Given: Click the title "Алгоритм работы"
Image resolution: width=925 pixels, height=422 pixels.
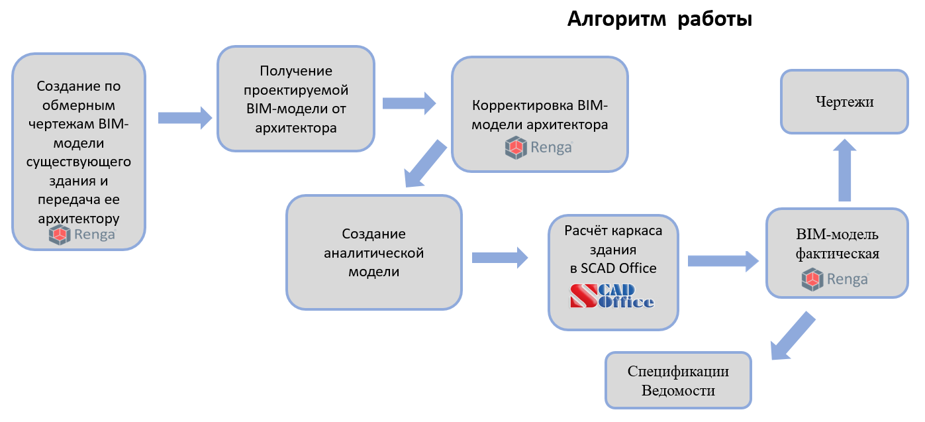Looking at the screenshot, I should click(x=659, y=20).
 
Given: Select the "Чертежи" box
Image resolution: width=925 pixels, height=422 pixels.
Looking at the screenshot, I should click(x=844, y=102).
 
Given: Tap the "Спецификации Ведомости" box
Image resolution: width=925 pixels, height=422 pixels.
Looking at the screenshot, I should click(x=678, y=380).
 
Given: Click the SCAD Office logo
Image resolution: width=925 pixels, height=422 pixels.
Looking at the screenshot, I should click(x=612, y=296).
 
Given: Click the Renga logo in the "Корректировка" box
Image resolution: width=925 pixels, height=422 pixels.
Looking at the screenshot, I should click(x=538, y=148).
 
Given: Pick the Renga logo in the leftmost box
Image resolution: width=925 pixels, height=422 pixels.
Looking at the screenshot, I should click(x=82, y=235).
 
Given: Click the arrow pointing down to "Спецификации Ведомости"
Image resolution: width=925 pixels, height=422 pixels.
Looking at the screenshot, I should click(x=793, y=337).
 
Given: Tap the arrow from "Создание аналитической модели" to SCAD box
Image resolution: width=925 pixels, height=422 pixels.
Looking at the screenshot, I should click(x=501, y=257).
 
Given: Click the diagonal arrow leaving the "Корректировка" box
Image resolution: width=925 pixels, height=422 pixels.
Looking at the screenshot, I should click(x=424, y=163).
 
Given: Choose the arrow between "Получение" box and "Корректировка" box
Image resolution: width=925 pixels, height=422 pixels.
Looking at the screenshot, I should click(x=409, y=103).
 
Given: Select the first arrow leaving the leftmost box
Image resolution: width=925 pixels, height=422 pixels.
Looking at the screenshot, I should click(x=185, y=118).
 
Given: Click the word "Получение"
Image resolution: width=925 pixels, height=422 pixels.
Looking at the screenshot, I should click(x=296, y=70).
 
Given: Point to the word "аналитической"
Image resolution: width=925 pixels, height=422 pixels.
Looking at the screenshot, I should click(x=374, y=253).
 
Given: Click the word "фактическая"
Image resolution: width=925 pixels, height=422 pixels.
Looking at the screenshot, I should click(x=837, y=254).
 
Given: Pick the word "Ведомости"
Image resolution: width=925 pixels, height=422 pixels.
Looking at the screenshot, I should click(x=678, y=390).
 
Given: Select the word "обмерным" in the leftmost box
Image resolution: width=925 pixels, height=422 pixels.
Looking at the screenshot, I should click(x=79, y=105).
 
